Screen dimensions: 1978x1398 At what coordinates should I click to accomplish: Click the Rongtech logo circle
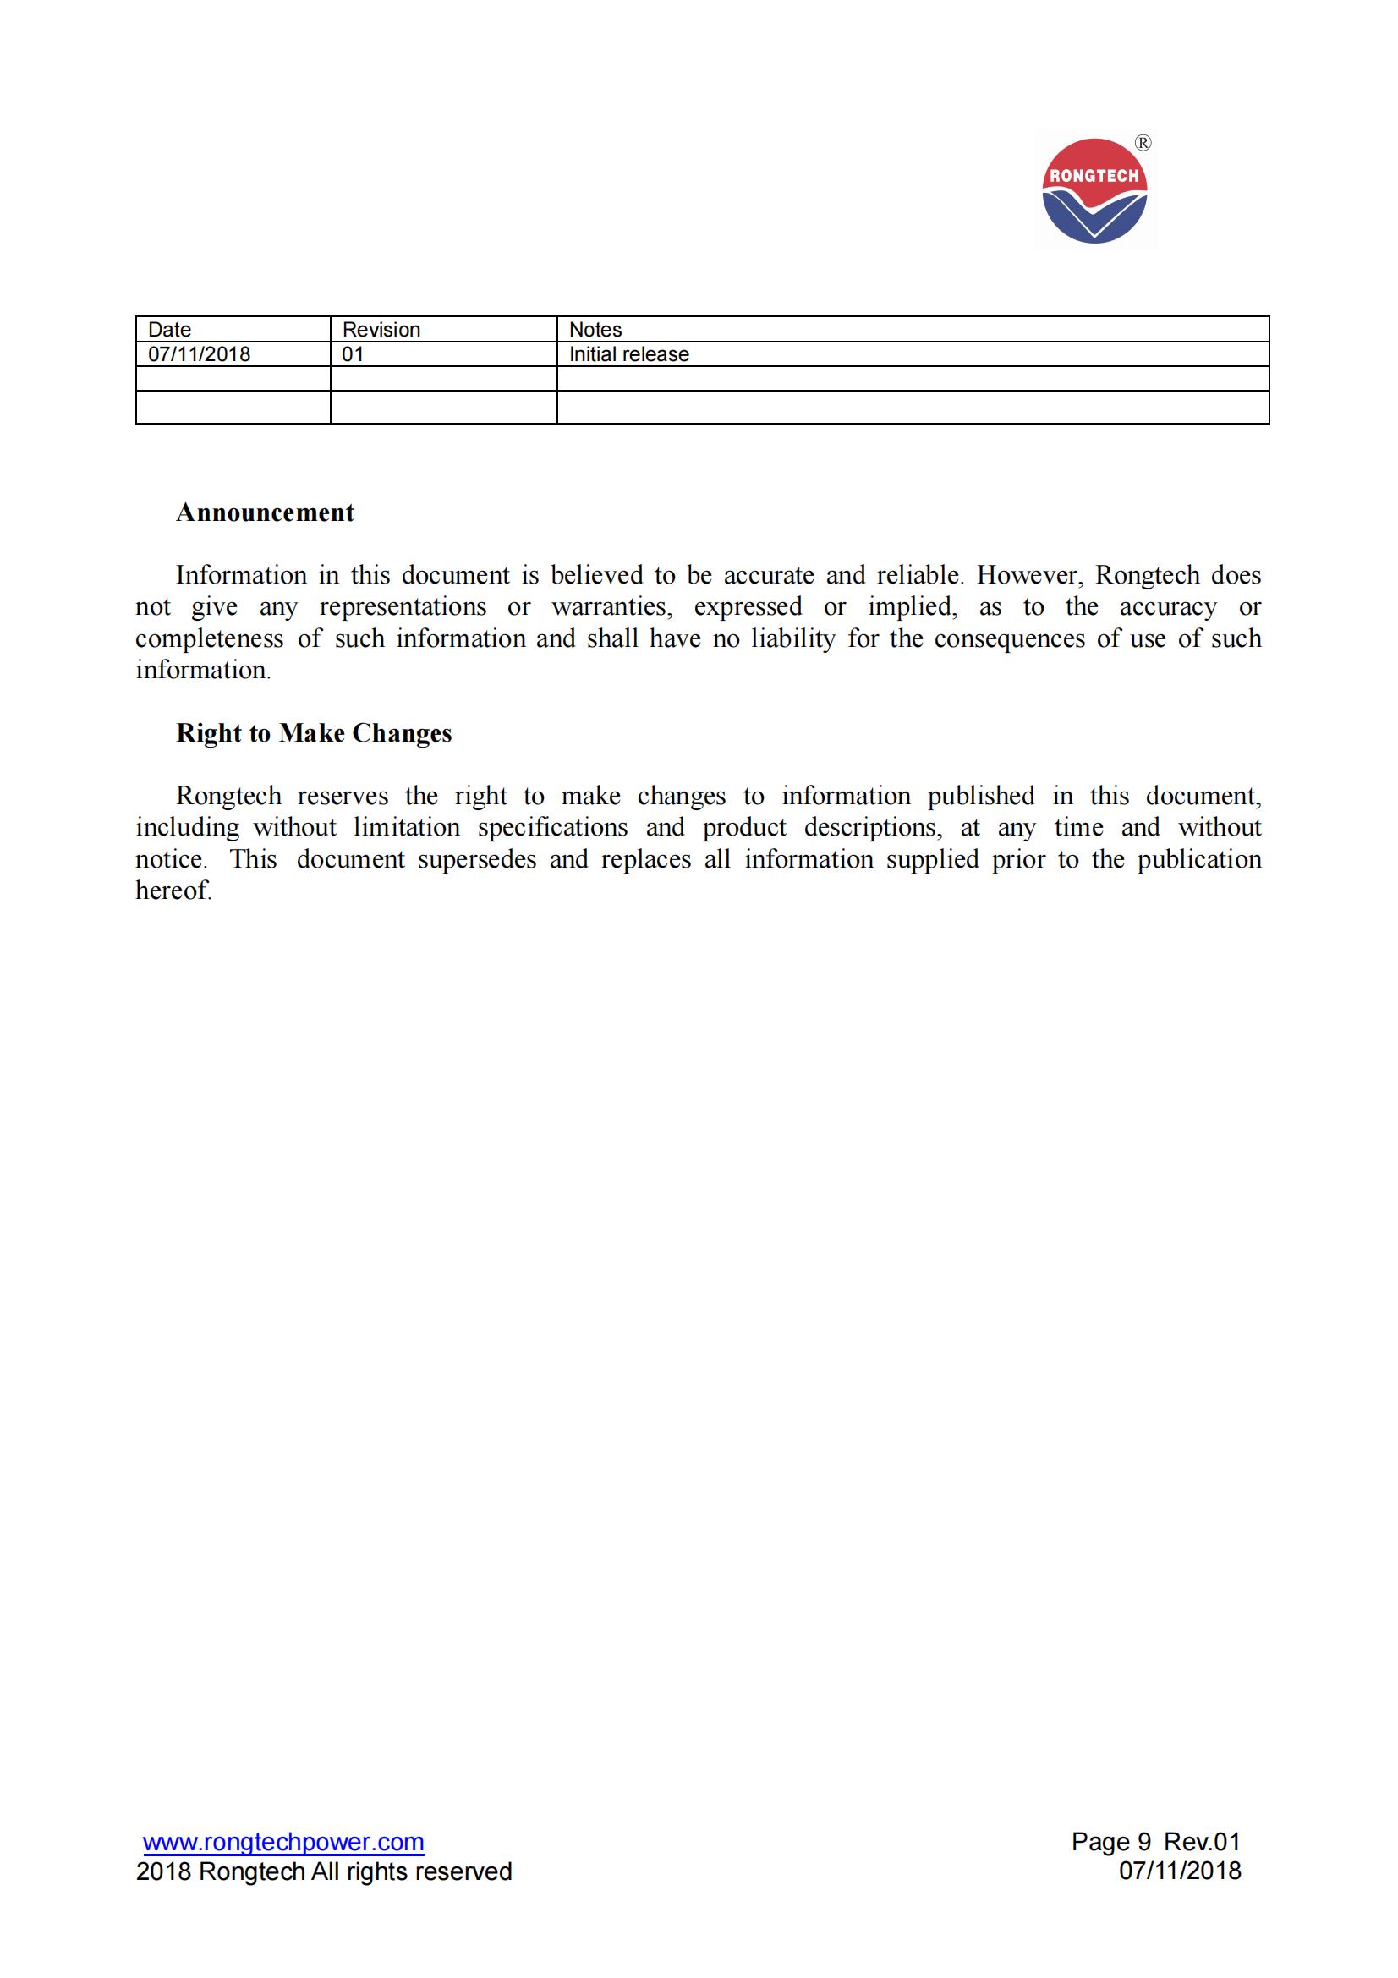1094,191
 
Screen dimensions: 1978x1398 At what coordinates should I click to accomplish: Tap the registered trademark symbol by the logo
1143,144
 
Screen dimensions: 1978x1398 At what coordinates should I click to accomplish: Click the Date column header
170,329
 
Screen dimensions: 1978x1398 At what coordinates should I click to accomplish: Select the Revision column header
381,329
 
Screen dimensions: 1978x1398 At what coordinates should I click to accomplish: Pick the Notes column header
595,329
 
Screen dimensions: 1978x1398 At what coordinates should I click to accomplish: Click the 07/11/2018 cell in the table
199,354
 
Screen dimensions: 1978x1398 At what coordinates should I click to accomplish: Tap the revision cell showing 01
354,354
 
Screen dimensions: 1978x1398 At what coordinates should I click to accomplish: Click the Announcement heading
266,512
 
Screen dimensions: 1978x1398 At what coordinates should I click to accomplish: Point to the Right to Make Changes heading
314,733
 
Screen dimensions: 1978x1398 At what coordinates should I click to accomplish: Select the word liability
792,638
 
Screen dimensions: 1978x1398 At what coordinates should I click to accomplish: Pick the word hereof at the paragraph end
173,890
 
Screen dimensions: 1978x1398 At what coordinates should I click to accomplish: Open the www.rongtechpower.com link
283,1842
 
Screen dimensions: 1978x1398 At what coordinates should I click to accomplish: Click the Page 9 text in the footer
1110,1842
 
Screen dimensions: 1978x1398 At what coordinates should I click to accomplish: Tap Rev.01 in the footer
1203,1842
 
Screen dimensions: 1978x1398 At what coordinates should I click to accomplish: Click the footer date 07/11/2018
1180,1871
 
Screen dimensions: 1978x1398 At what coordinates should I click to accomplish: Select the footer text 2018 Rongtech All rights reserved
324,1871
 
